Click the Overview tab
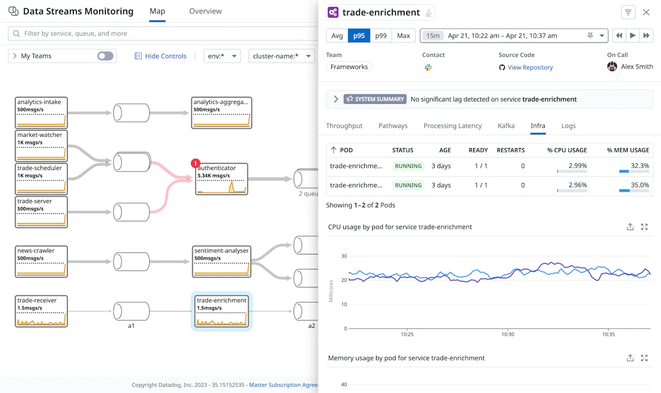(x=205, y=11)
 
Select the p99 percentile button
(x=381, y=36)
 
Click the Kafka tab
(x=506, y=126)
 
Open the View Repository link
(x=530, y=67)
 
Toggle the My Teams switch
(x=105, y=56)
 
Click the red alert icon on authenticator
(x=195, y=163)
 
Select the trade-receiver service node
(x=41, y=311)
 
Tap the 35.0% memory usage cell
(x=634, y=185)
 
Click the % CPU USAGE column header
(x=567, y=150)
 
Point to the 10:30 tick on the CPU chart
(x=508, y=329)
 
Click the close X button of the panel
(x=646, y=12)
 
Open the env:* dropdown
(x=222, y=56)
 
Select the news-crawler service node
(x=41, y=262)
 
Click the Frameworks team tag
(x=349, y=67)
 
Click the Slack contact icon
(x=428, y=68)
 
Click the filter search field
(x=162, y=34)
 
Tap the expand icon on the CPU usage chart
(x=644, y=227)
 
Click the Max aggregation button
(x=404, y=36)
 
